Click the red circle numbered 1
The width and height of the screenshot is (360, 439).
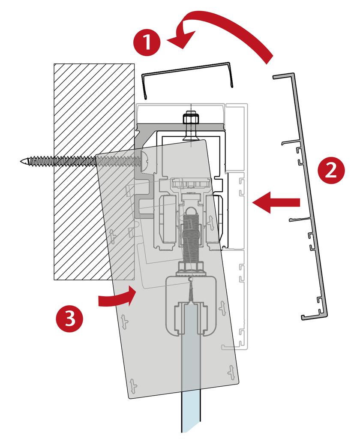point(147,42)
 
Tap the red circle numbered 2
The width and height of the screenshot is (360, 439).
point(330,171)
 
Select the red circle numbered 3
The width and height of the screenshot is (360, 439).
point(70,318)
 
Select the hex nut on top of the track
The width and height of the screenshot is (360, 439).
point(190,118)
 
